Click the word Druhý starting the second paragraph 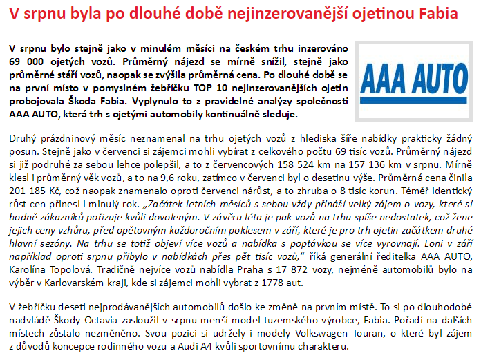tap(25, 138)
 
